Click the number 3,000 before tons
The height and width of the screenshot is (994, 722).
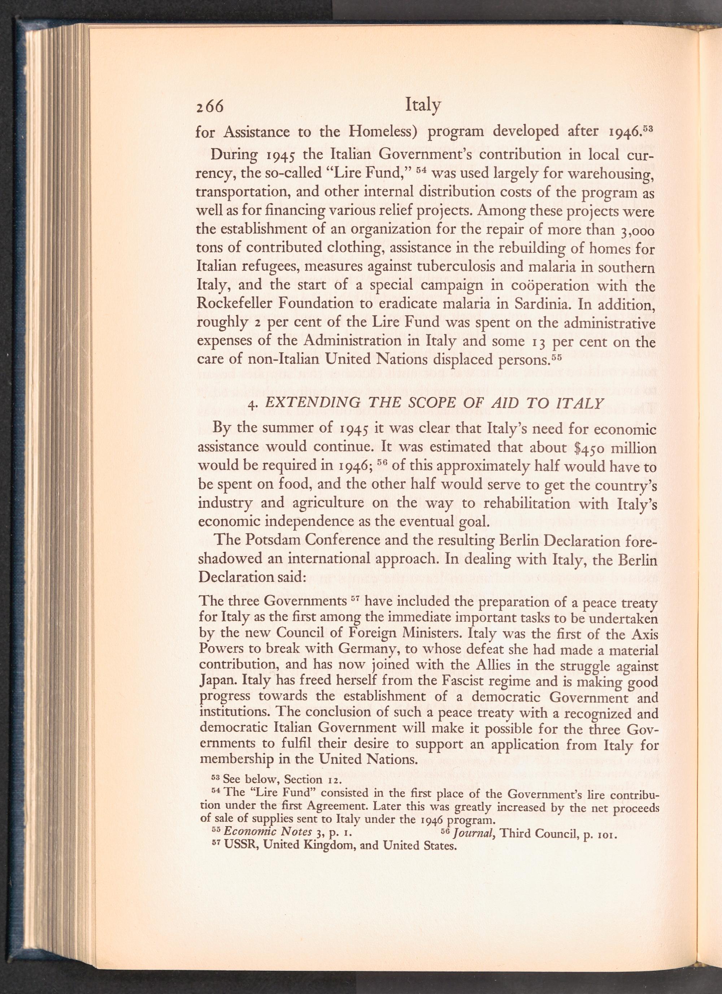pyautogui.click(x=638, y=230)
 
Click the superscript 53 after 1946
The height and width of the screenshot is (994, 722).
pyautogui.click(x=649, y=128)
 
